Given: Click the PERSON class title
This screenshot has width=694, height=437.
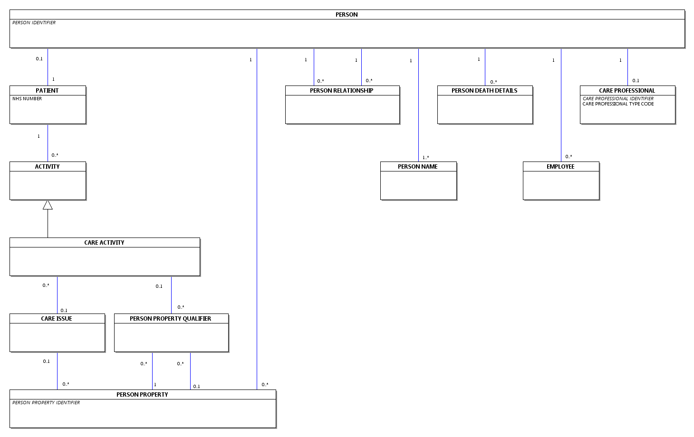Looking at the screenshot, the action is tap(347, 15).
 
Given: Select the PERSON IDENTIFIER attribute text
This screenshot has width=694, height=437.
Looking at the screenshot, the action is tap(34, 23).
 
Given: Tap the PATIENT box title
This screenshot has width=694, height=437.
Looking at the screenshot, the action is tap(47, 91).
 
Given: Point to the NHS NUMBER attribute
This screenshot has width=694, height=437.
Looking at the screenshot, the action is tap(27, 99).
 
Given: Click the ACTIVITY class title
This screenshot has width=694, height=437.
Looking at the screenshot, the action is tap(47, 167).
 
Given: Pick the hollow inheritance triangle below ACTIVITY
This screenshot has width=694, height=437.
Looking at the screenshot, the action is tap(48, 205).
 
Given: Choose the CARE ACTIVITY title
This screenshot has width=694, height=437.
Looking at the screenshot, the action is tap(104, 243).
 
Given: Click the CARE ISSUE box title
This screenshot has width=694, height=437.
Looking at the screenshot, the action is tap(57, 318).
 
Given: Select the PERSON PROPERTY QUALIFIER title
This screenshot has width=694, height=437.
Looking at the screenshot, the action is tap(170, 318).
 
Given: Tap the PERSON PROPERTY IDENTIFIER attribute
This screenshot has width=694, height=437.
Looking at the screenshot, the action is tap(46, 403).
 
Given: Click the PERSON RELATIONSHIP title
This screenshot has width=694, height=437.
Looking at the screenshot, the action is tap(341, 91).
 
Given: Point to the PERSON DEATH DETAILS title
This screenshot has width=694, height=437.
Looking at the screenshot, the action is tap(484, 91).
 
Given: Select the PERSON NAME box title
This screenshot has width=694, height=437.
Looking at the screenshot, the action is tap(418, 167).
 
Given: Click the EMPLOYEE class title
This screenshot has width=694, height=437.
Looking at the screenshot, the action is tap(560, 167).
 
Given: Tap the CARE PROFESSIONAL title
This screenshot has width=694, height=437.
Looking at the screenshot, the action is tap(627, 91).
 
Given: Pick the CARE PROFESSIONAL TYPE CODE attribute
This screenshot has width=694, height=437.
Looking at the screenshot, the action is tap(618, 104).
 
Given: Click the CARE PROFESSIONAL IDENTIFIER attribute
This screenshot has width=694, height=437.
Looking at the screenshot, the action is tap(618, 99).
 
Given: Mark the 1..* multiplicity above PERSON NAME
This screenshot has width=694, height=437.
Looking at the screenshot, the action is tap(426, 158).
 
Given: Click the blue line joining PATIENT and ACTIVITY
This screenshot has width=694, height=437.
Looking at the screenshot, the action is tap(48, 143).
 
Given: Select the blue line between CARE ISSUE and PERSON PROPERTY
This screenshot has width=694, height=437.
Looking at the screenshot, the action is tap(58, 371).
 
